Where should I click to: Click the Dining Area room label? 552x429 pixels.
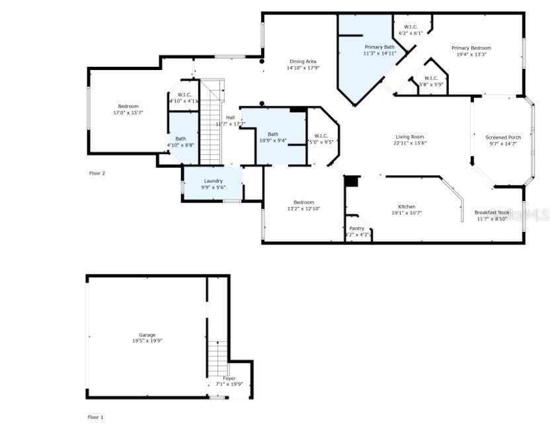point(303,61)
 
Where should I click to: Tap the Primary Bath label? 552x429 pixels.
point(379,47)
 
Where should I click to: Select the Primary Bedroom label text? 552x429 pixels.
point(471,48)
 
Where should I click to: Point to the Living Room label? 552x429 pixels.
point(409,137)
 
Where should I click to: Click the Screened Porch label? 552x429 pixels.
point(503,137)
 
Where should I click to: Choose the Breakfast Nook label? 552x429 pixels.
point(492,212)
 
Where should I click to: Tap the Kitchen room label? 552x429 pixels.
point(407,206)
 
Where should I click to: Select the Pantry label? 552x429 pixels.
point(357,229)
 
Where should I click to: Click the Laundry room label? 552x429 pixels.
point(213,180)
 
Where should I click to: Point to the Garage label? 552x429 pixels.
point(147,335)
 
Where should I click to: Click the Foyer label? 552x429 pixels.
point(229,378)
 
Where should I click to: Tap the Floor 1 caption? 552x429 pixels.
point(96,417)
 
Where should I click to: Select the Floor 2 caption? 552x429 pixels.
point(97,173)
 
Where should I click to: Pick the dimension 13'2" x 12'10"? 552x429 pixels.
point(303,209)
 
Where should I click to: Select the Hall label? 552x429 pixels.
point(230,117)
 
